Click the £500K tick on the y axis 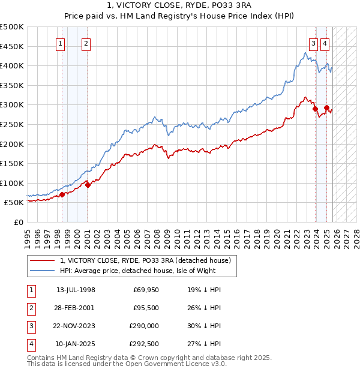click(12, 27)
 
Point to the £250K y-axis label click(12, 124)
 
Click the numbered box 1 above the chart click(61, 43)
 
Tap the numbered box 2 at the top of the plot click(86, 43)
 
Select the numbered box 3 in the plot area click(314, 43)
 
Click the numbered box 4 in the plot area click(325, 43)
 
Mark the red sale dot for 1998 click(62, 194)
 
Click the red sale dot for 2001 click(88, 185)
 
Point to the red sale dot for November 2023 click(315, 109)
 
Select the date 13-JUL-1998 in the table click(76, 290)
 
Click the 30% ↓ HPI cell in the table click(204, 326)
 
